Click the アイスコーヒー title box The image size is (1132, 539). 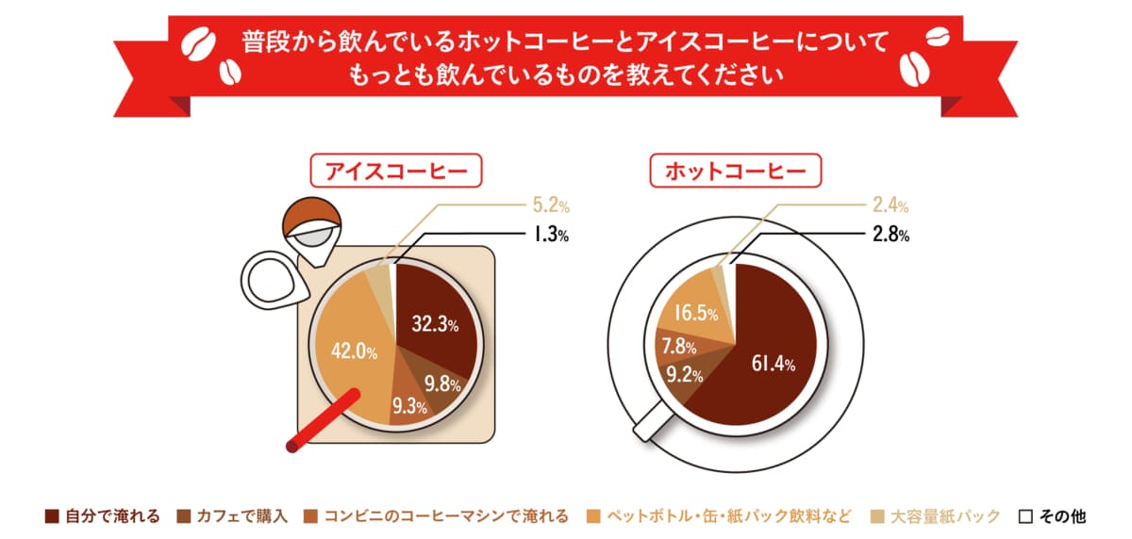396,171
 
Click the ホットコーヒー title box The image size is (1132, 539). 735,171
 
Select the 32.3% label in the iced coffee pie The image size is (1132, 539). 435,325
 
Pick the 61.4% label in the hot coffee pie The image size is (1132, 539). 771,363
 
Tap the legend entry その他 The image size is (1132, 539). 1052,516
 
